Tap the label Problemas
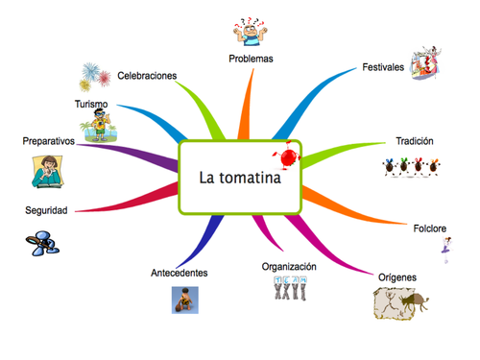pyautogui.click(x=251, y=59)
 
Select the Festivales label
pyautogui.click(x=383, y=67)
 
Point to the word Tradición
pyautogui.click(x=415, y=141)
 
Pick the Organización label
pyautogui.click(x=288, y=266)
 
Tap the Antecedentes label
pyautogui.click(x=180, y=274)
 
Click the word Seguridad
pyautogui.click(x=46, y=210)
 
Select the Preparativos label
pyautogui.click(x=49, y=141)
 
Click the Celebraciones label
pyautogui.click(x=148, y=75)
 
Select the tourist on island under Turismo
pyautogui.click(x=100, y=126)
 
